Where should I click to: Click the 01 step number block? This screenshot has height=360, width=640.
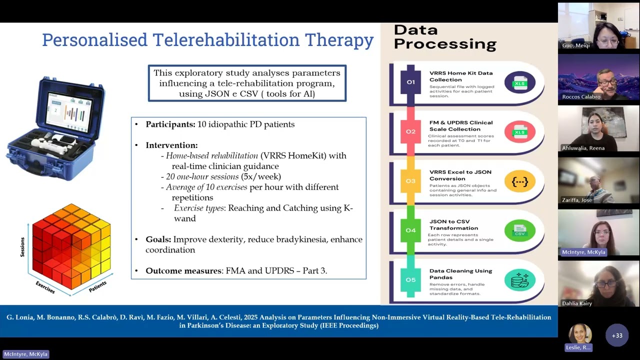410,82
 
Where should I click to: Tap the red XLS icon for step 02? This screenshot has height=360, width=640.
519,132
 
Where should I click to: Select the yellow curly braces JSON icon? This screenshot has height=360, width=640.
519,181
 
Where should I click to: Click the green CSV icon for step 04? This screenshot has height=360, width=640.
519,231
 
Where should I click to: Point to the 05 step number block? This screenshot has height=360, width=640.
410,279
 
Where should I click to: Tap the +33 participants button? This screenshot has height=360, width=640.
616,335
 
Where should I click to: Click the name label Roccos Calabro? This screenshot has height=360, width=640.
581,96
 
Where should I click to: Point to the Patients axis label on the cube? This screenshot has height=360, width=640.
97,286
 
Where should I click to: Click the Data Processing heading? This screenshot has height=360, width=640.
444,37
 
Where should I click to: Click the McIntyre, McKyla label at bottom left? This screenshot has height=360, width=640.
25,354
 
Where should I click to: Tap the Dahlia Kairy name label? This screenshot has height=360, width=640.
576,303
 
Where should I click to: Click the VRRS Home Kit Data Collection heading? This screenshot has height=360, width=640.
460,76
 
